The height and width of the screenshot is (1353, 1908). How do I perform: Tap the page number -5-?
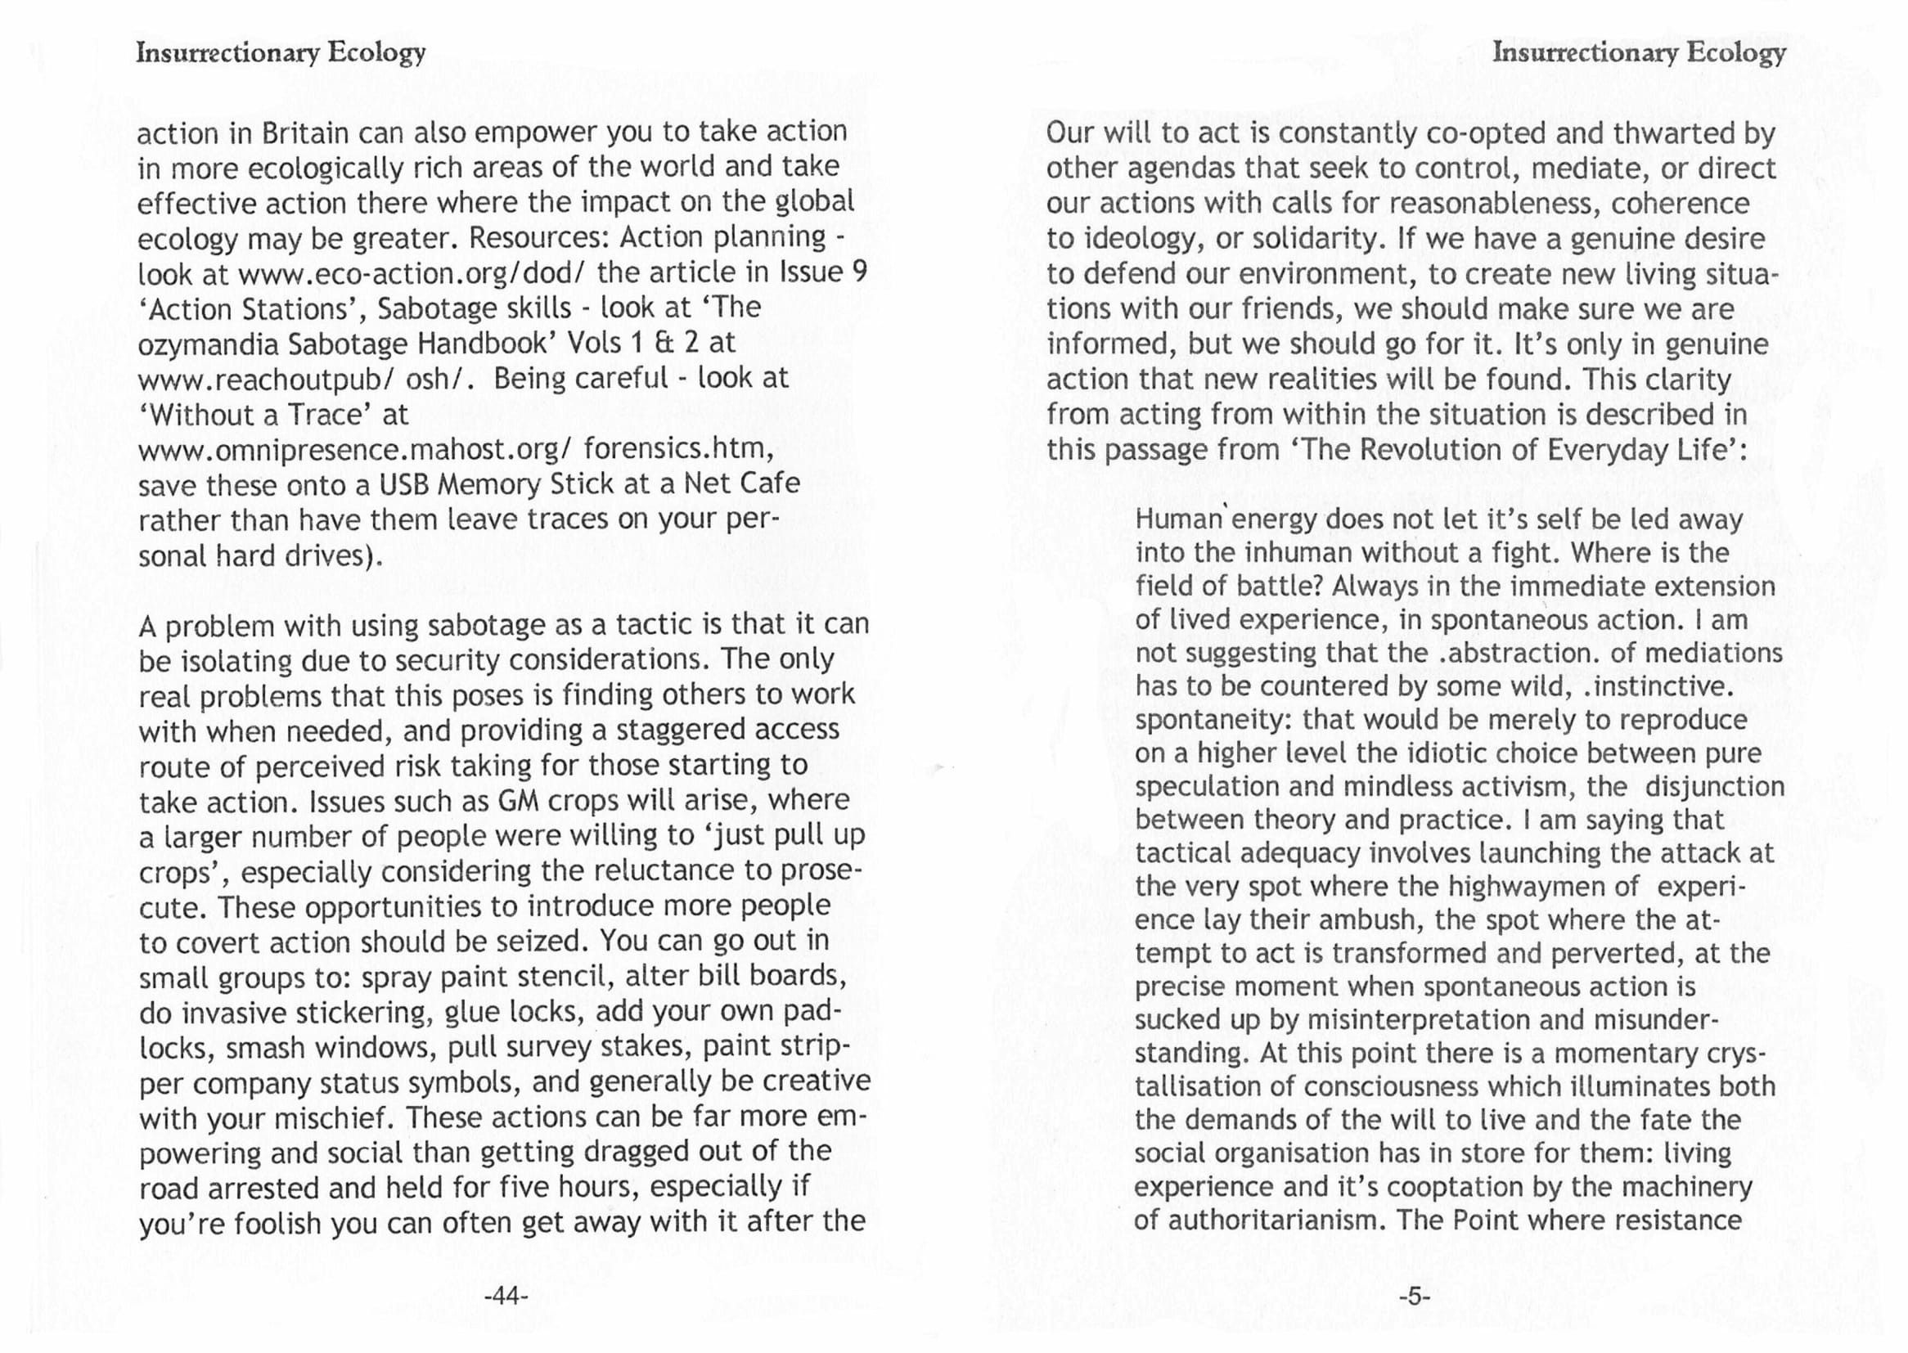click(x=1414, y=1297)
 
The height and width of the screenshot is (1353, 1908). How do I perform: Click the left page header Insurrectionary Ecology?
click(x=281, y=52)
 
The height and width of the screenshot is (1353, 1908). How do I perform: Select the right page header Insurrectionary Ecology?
click(x=1639, y=52)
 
